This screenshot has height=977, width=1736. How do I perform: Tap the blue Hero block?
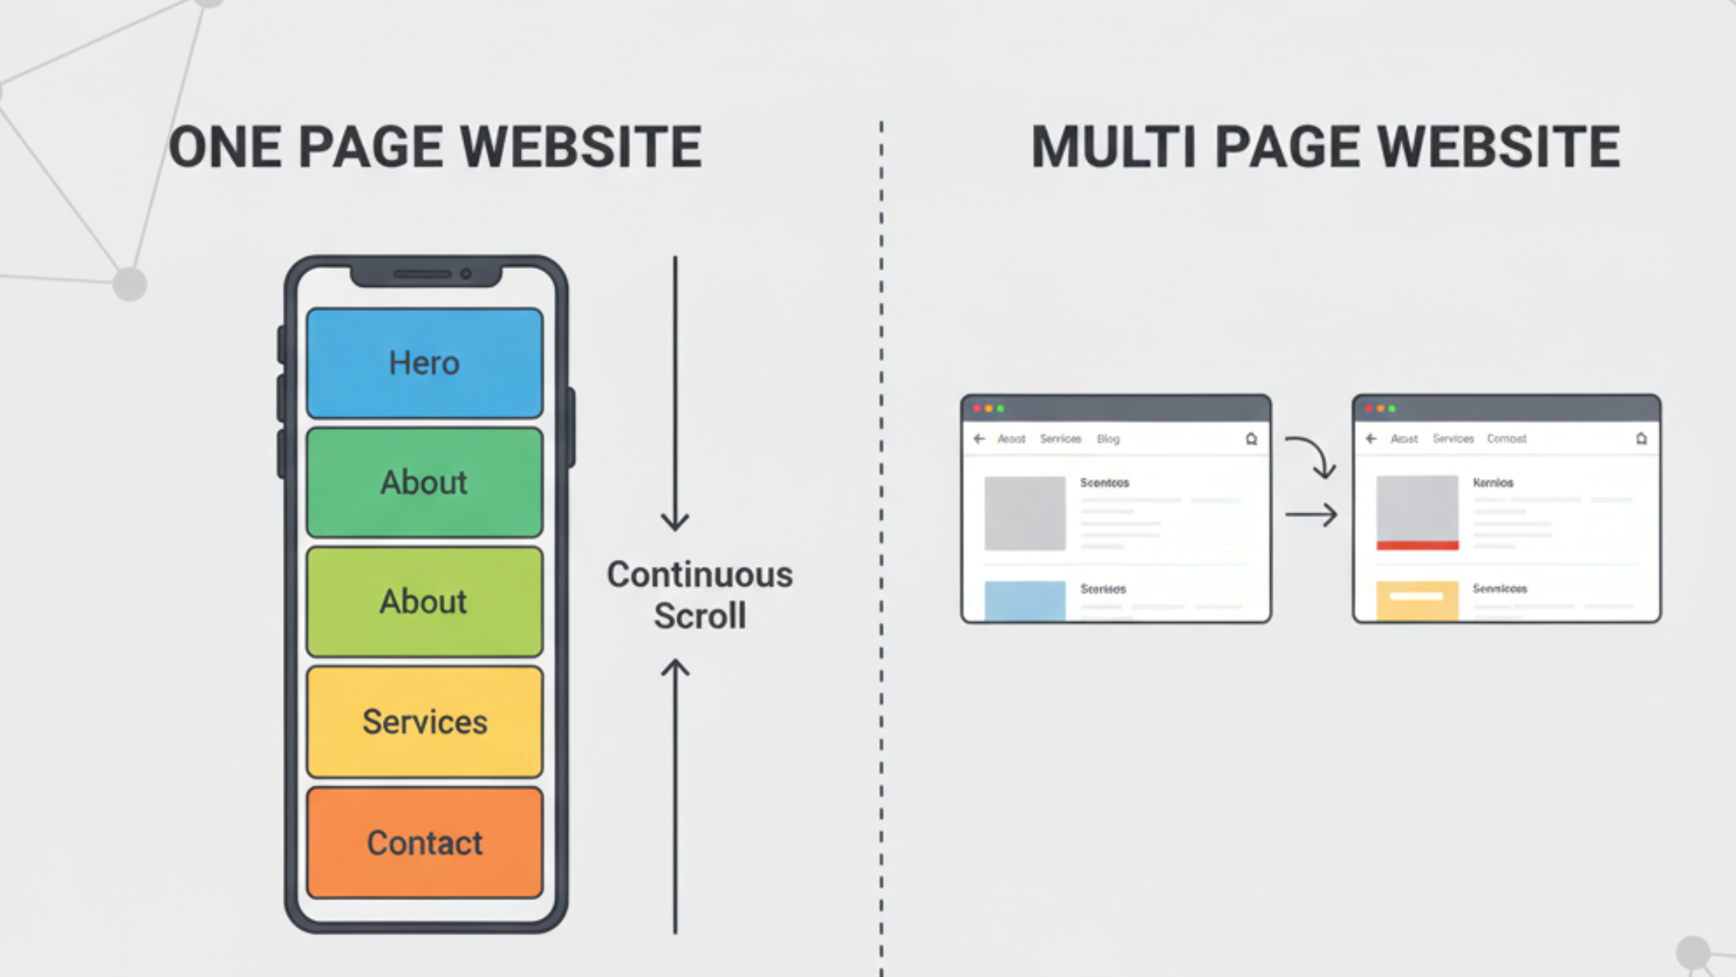point(424,363)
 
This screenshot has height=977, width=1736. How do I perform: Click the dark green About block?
point(424,482)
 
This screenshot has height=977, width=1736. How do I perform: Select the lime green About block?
point(424,602)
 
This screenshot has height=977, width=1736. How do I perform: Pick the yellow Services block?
point(424,722)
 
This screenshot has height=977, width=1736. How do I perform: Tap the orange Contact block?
point(424,843)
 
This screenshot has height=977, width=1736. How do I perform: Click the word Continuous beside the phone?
point(699,575)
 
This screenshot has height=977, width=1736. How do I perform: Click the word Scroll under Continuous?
point(699,616)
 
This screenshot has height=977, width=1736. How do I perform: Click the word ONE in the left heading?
point(224,147)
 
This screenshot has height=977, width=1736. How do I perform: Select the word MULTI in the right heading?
point(1113,147)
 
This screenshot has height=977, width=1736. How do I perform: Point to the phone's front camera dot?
point(466,274)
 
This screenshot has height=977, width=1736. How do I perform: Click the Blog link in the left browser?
point(1107,439)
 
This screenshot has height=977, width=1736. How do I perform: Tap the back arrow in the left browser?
point(979,439)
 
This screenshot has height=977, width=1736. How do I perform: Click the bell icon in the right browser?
point(1641,439)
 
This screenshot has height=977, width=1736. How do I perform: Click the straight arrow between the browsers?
point(1311,514)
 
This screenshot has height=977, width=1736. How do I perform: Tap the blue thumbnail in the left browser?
point(1025,600)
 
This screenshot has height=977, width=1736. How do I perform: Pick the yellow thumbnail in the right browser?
point(1417,600)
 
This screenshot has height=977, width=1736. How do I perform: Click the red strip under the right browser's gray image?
point(1417,546)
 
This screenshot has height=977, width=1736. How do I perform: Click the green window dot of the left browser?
point(1001,409)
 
